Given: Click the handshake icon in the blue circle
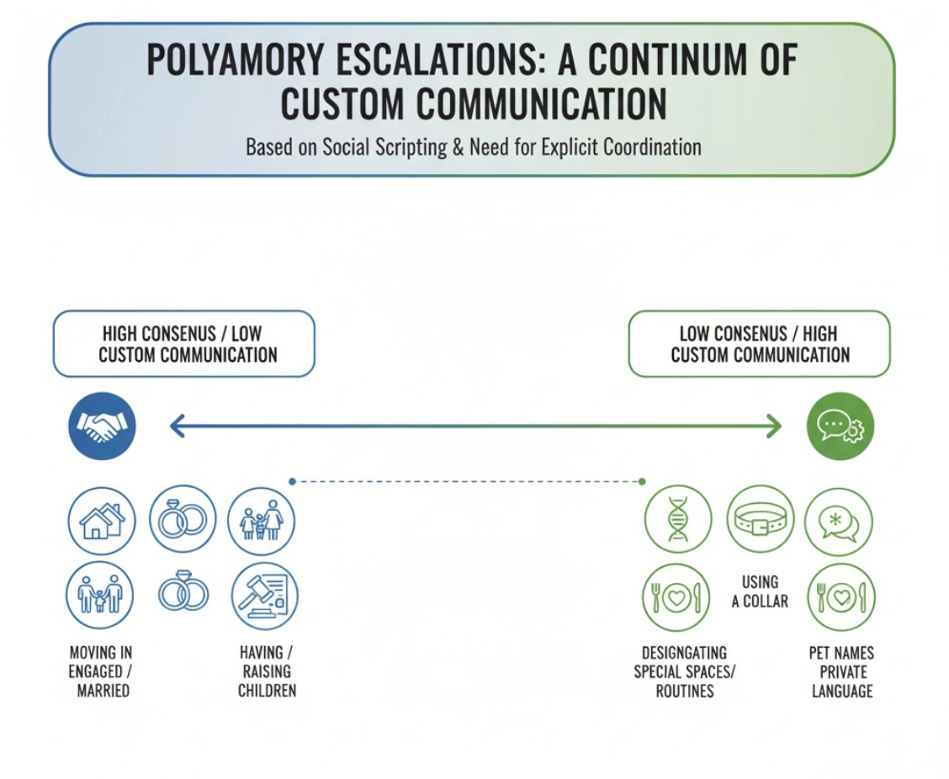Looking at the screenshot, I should point(101,427).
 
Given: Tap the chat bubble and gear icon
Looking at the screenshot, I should point(840,427).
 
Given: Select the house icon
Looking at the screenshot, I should point(101,521).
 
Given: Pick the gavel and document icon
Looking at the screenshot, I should point(264,596).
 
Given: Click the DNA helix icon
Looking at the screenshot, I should point(677,519).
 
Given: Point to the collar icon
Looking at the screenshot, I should point(760,519).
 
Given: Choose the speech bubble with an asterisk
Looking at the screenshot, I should point(839,522).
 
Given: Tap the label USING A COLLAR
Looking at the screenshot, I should point(760,591).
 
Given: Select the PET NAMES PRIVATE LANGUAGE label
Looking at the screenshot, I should point(842,671).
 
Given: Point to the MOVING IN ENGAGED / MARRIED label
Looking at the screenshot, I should point(100,671).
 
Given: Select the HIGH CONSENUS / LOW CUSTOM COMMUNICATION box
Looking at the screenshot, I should point(183,343).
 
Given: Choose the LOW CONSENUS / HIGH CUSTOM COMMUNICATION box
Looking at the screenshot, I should point(759,343).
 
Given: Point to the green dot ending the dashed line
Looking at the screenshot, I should point(642,481).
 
